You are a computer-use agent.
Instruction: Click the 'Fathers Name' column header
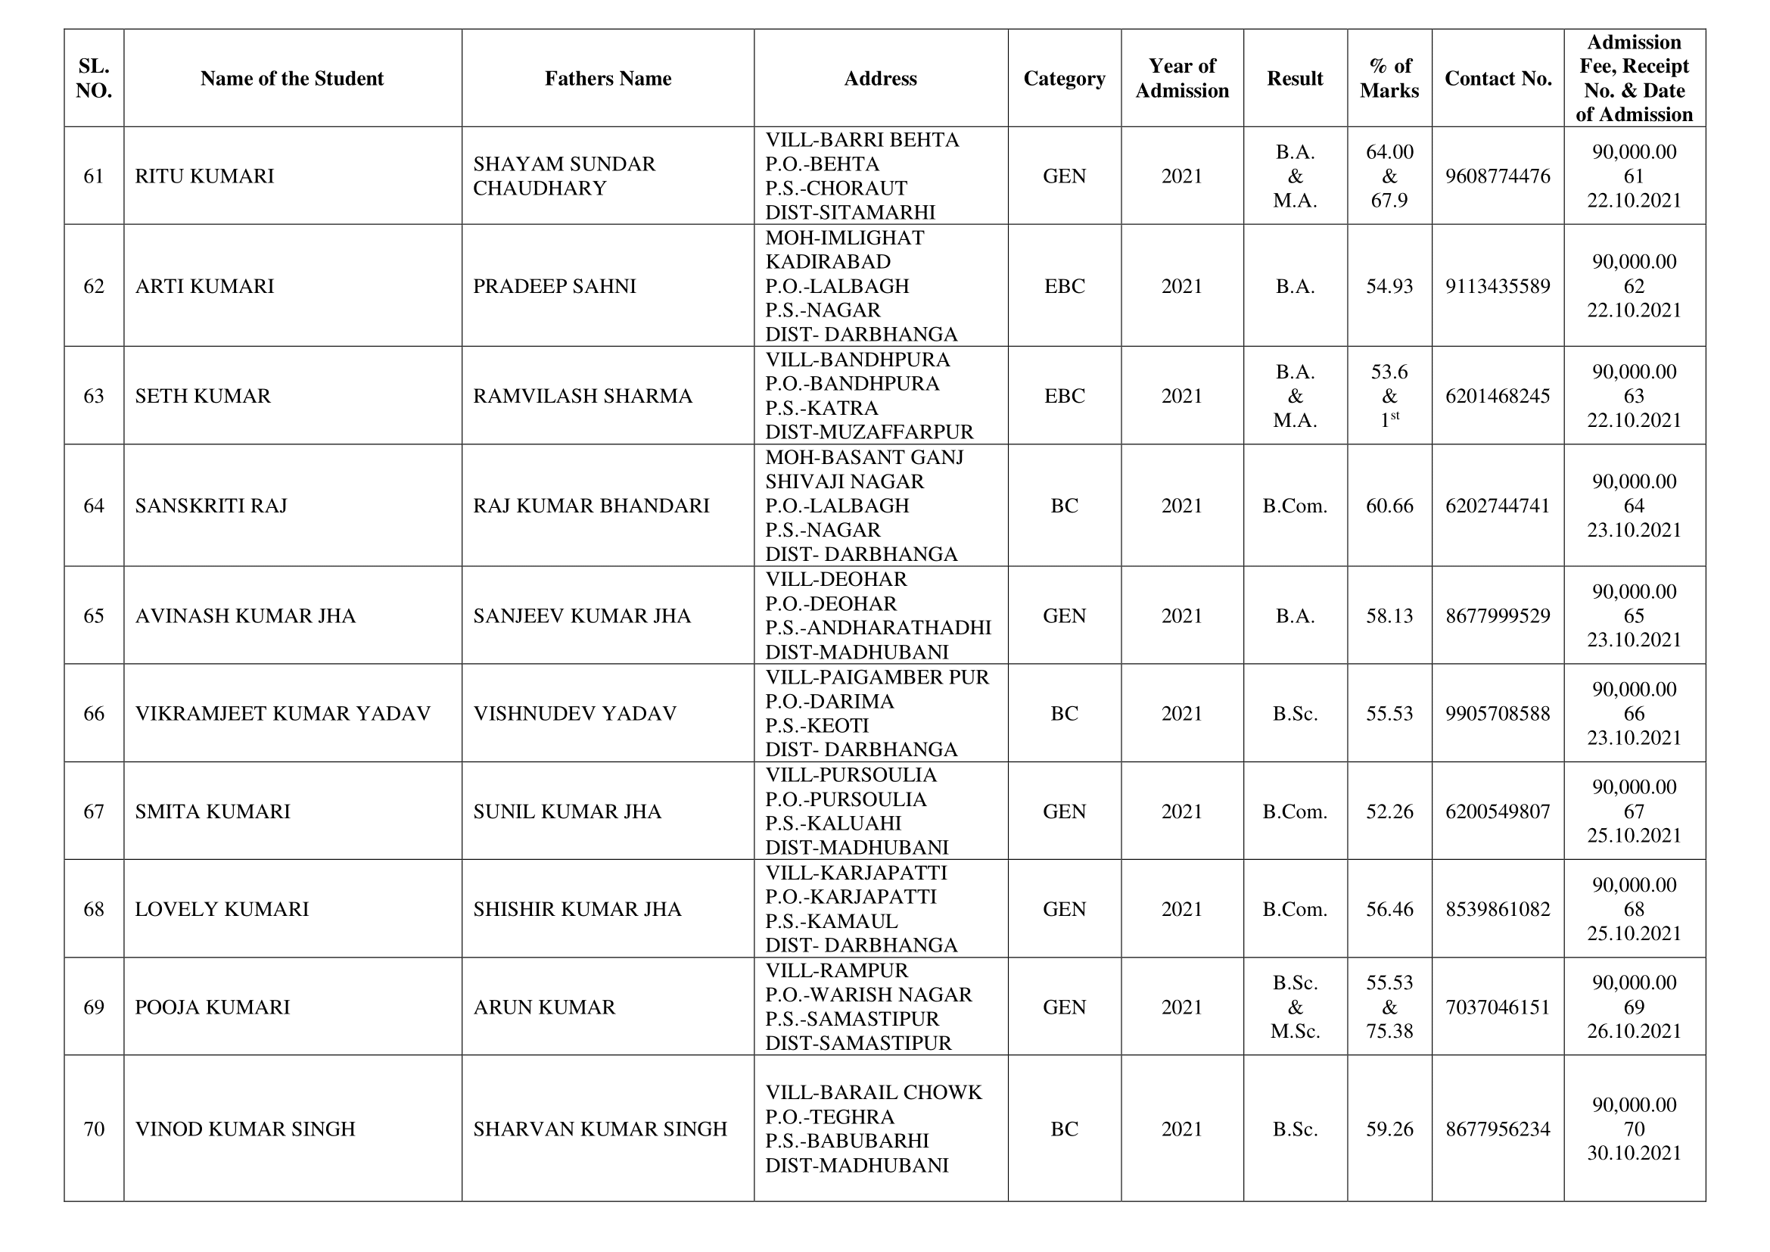[608, 79]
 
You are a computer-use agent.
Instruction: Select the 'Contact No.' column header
[1497, 79]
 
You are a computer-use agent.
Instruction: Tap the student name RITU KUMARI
[204, 176]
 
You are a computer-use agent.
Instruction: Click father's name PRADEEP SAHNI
[554, 286]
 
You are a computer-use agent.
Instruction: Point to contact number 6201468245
[1497, 396]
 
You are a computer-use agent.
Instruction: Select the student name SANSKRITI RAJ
[210, 506]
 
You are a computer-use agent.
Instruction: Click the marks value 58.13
[1389, 616]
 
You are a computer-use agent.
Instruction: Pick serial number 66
[93, 714]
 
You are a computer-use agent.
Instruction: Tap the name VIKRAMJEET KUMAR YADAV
[282, 714]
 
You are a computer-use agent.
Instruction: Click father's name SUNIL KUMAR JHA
[567, 811]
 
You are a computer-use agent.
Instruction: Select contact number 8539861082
[1497, 910]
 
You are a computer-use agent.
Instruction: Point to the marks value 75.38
[1389, 1032]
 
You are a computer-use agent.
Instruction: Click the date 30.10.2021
[1634, 1154]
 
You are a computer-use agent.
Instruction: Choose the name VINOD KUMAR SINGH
[245, 1129]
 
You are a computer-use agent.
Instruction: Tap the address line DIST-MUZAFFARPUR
[869, 431]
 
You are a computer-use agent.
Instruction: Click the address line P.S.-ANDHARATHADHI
[877, 628]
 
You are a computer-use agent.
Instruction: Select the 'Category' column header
[1064, 79]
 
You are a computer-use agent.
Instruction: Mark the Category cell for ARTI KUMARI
[1064, 286]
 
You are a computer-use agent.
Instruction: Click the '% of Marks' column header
[1389, 79]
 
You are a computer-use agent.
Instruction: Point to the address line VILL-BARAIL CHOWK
[873, 1093]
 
